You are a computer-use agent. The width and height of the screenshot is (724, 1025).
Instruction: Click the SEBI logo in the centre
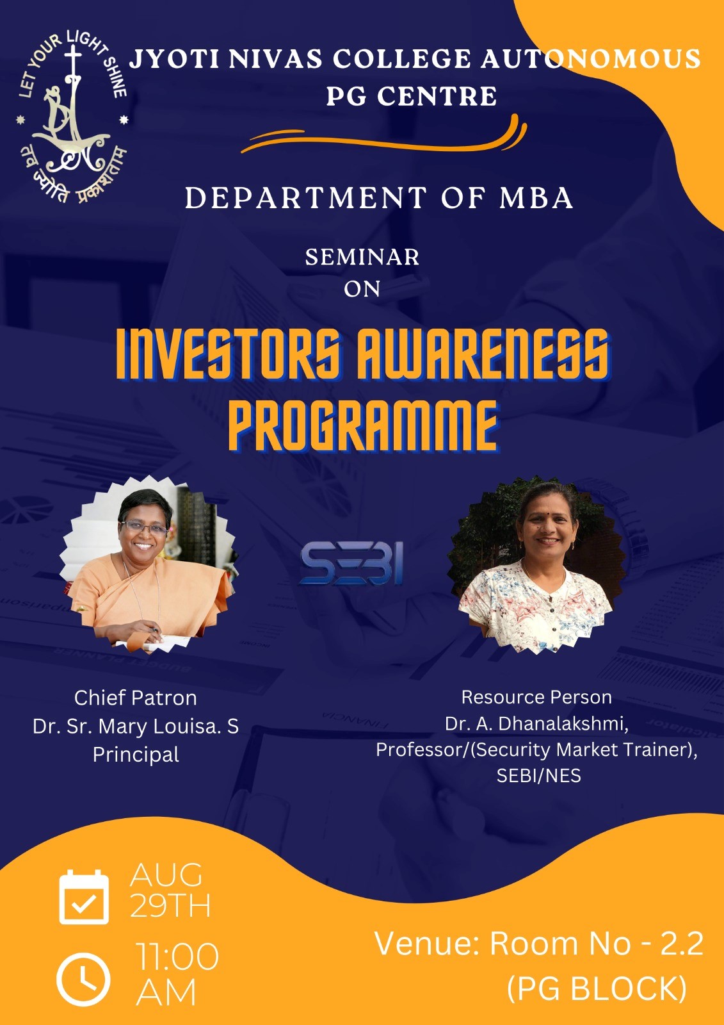351,563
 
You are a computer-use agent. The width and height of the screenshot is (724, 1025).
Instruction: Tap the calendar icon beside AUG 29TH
84,897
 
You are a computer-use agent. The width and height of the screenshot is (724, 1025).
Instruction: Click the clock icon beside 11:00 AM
83,980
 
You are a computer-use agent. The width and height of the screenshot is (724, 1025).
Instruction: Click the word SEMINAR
362,257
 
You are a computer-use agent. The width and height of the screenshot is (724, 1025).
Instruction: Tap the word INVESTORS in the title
231,354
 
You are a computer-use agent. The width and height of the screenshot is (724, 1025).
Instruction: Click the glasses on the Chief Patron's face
144,528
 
